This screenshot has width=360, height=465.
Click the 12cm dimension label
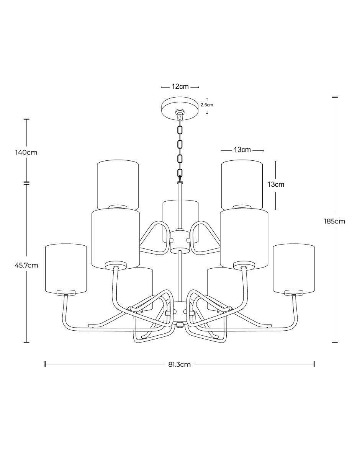point(180,86)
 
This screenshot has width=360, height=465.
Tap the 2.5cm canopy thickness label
point(207,105)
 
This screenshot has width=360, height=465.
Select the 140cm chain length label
point(26,152)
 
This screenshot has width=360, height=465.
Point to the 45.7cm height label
point(26,265)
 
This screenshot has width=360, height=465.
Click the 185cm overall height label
point(334,221)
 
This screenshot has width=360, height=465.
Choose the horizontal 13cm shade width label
point(242,150)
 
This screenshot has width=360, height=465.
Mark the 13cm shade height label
point(276,184)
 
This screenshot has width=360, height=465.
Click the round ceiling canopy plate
point(180,109)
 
